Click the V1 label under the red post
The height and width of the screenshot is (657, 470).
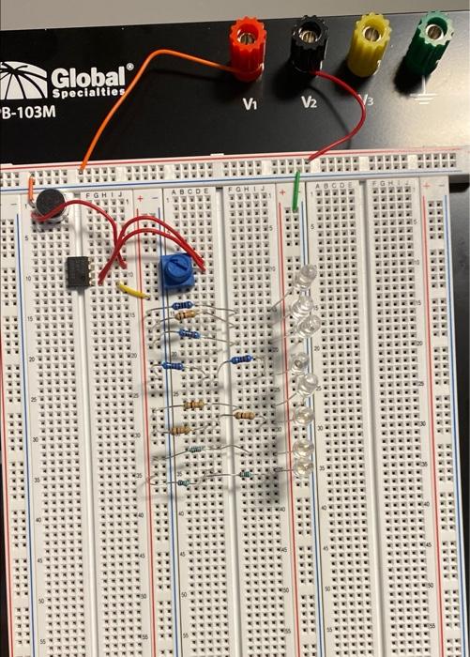tap(249, 103)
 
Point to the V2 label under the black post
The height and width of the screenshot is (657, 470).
tap(309, 101)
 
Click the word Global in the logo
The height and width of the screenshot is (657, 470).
tap(91, 76)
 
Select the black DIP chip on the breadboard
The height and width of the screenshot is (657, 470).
tap(78, 269)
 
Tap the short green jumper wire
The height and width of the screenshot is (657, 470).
tap(297, 192)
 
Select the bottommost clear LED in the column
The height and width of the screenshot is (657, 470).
tap(303, 466)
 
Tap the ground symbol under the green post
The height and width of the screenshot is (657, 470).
tap(428, 100)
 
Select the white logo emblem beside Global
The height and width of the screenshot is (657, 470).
tap(23, 81)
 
